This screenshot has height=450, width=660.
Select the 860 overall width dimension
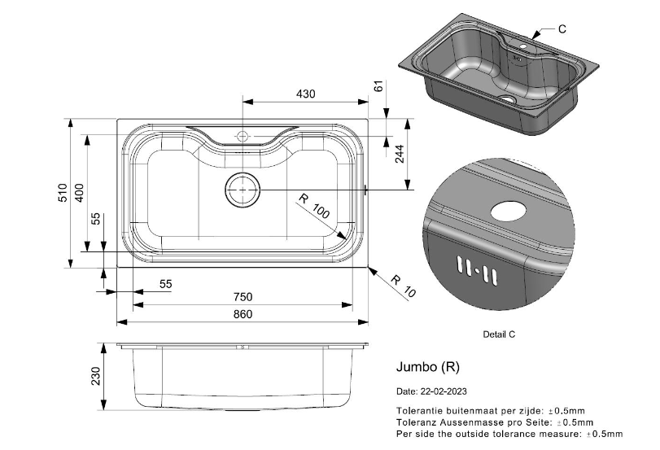pos(243,314)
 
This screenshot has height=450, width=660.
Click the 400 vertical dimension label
pos(80,193)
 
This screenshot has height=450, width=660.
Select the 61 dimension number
pos(378,86)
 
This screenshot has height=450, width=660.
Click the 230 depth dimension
pos(96,376)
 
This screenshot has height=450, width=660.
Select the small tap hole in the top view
pos(242,135)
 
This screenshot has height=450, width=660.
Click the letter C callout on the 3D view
pos(562,28)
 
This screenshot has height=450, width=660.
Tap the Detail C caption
pos(499,334)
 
